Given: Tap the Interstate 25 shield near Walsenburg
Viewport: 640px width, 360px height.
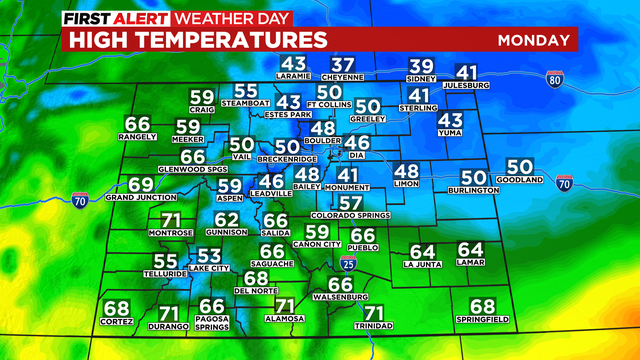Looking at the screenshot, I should point(347,262).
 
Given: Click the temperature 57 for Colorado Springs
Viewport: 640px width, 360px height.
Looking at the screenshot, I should point(349,203).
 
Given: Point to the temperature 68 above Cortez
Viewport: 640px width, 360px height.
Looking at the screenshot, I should point(116,308).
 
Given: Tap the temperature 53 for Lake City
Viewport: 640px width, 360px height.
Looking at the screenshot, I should point(209,256).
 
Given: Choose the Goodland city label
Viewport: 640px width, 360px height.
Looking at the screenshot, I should point(519,180).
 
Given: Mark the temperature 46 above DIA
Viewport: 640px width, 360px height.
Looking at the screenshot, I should point(358,142).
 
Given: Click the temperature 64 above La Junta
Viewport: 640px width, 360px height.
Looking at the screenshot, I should point(423,251).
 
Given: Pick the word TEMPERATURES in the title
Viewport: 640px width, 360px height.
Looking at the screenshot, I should point(244,40).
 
